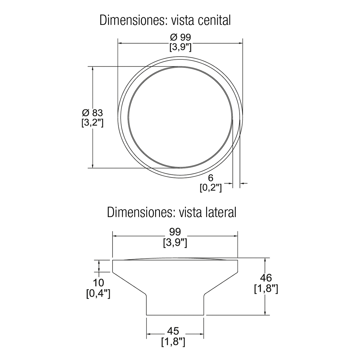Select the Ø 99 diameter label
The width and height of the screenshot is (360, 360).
point(181,37)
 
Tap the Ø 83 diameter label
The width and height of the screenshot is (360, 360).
point(92,113)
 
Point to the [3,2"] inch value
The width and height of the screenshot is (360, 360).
point(92,123)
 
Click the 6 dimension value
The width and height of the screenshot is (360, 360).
point(211,178)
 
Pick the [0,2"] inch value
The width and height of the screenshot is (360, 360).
point(211,187)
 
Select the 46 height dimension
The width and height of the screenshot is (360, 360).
point(266,278)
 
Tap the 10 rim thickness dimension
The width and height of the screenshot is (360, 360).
point(98,283)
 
